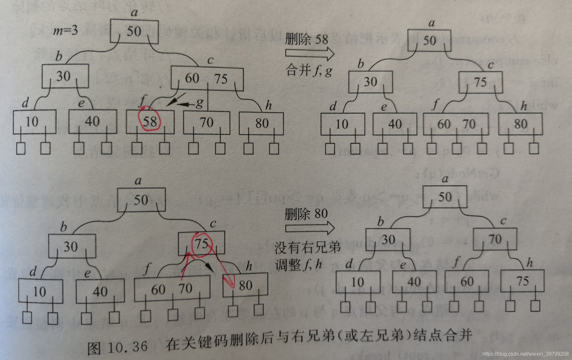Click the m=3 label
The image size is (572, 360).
point(66,31)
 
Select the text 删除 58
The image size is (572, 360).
point(306,39)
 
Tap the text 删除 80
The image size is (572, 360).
point(306,214)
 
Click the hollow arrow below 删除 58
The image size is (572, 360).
point(309,53)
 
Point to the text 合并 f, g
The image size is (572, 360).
point(309,70)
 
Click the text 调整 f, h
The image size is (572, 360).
point(299,264)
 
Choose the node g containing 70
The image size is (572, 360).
point(207,122)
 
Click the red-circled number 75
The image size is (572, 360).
point(202,244)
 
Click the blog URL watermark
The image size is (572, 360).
point(525,354)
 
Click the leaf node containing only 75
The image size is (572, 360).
point(522,281)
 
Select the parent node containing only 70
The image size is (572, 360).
point(495,239)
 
